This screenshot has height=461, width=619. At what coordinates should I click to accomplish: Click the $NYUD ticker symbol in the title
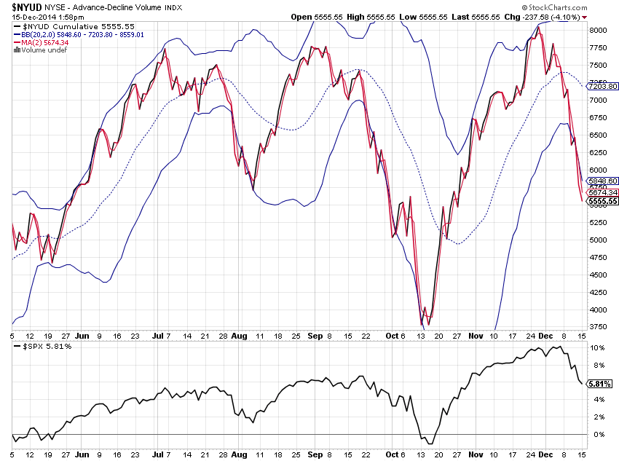tap(25, 7)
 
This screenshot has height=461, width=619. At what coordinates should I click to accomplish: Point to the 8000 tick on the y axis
tap(599, 30)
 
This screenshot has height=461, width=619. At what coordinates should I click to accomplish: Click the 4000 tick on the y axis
tap(599, 310)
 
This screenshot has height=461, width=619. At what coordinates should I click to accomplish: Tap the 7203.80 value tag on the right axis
tap(603, 86)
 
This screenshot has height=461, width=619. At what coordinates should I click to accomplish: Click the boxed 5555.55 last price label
tap(603, 201)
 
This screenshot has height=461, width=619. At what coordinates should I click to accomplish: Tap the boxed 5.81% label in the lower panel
tap(599, 384)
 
